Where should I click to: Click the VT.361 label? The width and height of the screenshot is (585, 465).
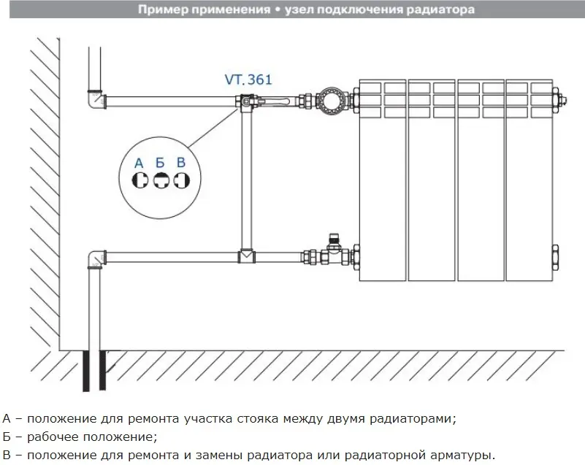pos(248,80)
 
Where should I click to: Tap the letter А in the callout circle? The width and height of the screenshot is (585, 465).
pos(139,163)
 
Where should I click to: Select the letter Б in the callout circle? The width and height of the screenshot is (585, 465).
pos(160,163)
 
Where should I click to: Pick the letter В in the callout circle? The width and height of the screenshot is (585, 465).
pos(181,162)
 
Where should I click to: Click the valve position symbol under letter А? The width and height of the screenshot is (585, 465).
pos(140,180)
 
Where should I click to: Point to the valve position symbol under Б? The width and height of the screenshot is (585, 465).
pos(161,180)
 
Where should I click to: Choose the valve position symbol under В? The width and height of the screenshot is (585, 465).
pos(182,180)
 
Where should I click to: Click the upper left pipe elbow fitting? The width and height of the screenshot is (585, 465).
pos(96,99)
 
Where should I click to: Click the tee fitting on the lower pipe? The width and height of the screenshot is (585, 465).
pos(246,255)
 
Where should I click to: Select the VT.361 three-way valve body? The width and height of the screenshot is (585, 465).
pos(245,101)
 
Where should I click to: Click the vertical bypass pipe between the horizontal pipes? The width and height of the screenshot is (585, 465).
pos(246,179)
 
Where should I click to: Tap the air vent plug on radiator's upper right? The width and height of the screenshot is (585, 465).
pos(559,100)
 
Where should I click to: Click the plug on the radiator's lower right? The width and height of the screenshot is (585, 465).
pos(555,257)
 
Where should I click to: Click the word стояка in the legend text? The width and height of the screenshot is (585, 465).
pos(257,419)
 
